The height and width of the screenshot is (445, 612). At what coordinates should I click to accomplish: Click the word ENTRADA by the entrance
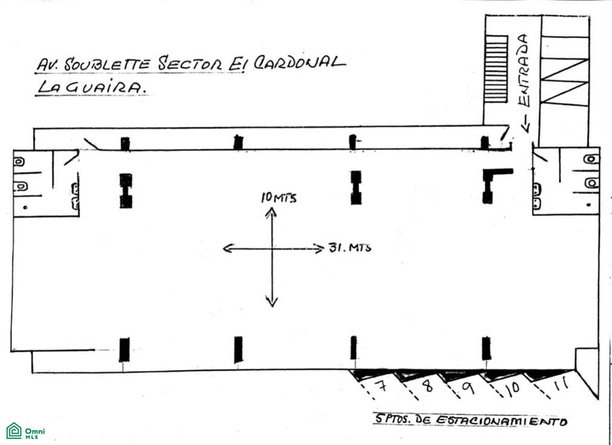click(525, 71)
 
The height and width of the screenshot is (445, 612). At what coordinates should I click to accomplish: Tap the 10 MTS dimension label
click(279, 198)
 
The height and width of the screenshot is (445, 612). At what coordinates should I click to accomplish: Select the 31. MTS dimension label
click(350, 247)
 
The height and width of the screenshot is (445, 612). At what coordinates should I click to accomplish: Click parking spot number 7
click(381, 385)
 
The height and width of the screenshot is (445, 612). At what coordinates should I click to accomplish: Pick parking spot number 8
click(428, 386)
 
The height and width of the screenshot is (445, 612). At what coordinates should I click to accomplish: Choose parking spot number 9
click(468, 388)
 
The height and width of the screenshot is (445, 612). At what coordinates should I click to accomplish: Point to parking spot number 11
click(561, 384)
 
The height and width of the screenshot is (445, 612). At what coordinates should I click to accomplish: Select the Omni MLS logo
click(26, 431)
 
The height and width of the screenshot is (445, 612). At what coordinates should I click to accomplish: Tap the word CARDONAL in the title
click(299, 62)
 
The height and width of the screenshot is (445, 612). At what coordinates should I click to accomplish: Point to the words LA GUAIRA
click(91, 89)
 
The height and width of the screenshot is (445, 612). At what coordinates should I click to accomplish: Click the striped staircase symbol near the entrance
click(495, 69)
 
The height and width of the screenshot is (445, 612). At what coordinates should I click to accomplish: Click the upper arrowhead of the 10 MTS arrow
click(271, 212)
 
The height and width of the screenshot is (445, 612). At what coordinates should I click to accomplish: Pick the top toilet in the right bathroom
click(591, 159)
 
